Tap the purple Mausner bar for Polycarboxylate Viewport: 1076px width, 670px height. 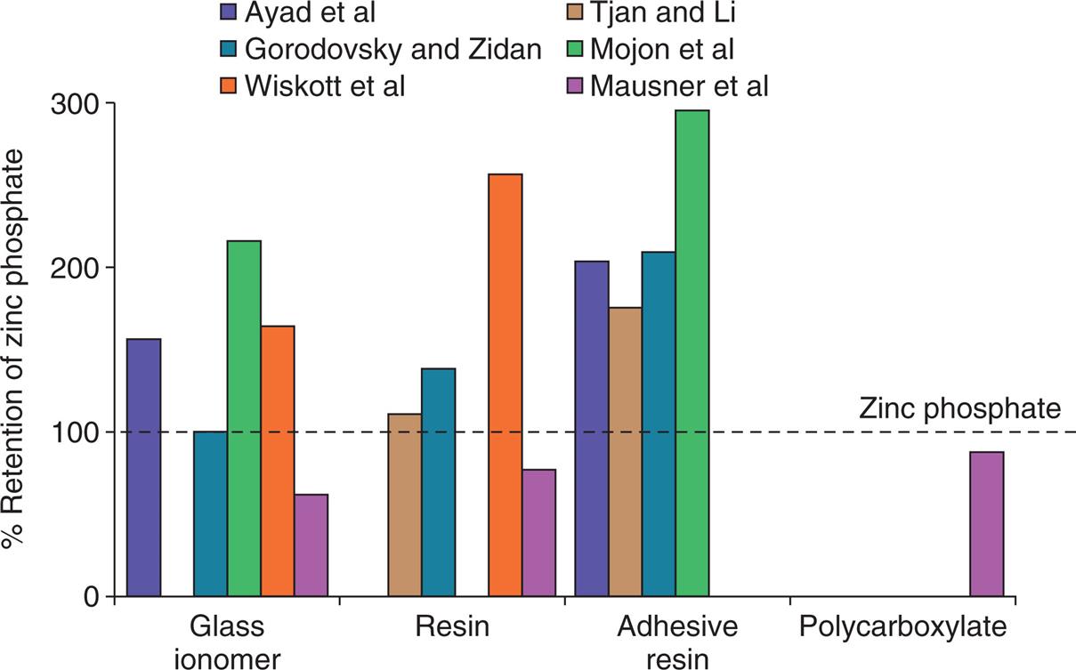pyautogui.click(x=987, y=524)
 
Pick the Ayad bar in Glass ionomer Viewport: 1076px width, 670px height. pyautogui.click(x=144, y=467)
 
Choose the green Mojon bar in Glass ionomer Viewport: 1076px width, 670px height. pyautogui.click(x=244, y=418)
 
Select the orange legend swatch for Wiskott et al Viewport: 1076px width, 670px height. pyautogui.click(x=230, y=86)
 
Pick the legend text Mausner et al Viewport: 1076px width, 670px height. pyautogui.click(x=680, y=86)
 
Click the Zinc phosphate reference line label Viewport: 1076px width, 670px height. pyautogui.click(x=960, y=408)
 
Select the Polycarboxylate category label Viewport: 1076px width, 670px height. pyautogui.click(x=903, y=627)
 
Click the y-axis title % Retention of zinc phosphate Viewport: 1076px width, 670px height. pyautogui.click(x=18, y=349)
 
